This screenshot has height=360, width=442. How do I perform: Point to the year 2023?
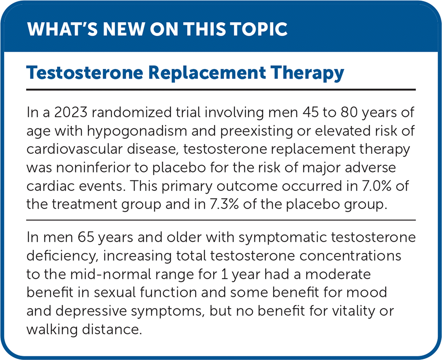(x=71, y=112)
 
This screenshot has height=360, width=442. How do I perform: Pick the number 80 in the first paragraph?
(x=349, y=112)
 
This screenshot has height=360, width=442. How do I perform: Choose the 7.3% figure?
(x=224, y=204)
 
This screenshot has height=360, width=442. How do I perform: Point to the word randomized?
(x=132, y=112)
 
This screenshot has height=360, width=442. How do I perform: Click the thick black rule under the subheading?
(x=221, y=90)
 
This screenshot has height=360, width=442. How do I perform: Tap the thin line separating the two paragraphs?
(x=221, y=220)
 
